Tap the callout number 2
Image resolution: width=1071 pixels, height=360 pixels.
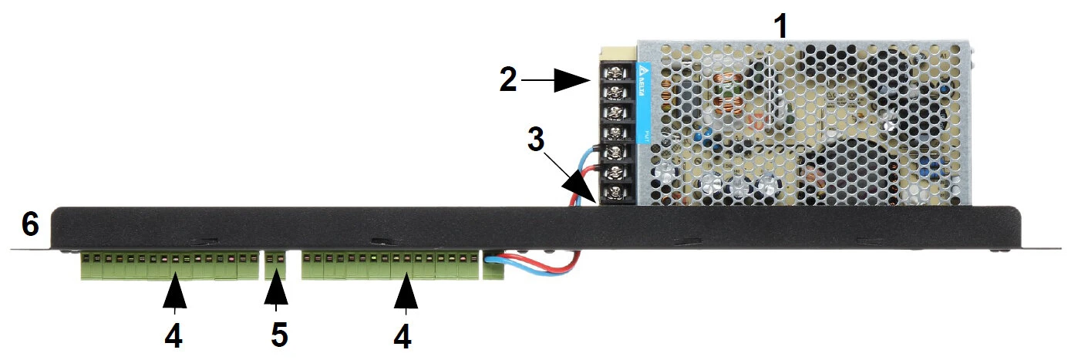507,79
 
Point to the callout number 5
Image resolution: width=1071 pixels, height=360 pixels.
278,335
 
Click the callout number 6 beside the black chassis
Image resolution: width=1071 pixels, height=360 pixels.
30,224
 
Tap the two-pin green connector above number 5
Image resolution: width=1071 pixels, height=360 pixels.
274,267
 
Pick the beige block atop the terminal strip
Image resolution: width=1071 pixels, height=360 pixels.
618,52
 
